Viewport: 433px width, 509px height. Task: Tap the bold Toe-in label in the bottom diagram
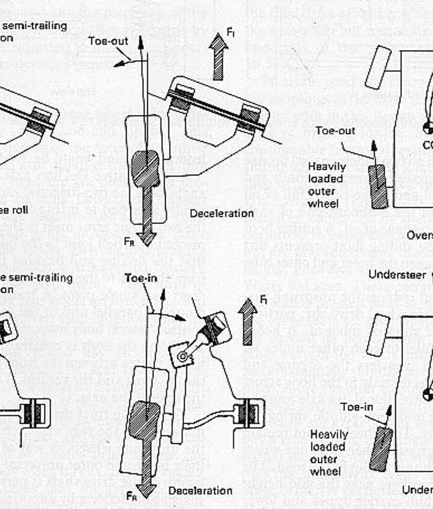coord(141,279)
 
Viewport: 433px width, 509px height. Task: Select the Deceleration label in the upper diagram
coord(222,213)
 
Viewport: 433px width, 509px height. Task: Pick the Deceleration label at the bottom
coord(200,490)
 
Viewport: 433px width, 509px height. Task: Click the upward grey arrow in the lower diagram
coord(247,322)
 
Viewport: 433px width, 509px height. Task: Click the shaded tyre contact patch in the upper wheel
coord(146,169)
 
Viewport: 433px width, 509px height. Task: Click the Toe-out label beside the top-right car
coord(336,131)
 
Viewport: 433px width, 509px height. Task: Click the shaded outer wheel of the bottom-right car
coord(381,449)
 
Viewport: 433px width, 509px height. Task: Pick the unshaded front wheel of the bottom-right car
coord(378,334)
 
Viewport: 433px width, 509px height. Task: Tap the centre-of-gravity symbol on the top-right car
coord(428,127)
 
